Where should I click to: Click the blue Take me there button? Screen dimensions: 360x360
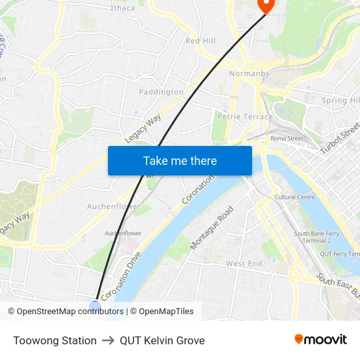click(x=180, y=160)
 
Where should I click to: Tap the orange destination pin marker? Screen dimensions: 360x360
click(x=266, y=5)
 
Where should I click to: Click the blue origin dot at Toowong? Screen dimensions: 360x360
click(x=95, y=305)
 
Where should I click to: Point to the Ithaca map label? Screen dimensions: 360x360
click(x=122, y=8)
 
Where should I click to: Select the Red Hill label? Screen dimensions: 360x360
click(x=200, y=41)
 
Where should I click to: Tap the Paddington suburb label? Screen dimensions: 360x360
click(x=162, y=92)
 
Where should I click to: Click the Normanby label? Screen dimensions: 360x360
click(x=249, y=73)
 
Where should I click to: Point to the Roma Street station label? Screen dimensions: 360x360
click(x=287, y=138)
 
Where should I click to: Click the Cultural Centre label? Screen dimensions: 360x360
click(x=295, y=197)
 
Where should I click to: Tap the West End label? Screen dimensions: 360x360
click(x=243, y=264)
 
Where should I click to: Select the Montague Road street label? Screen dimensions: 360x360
click(x=211, y=228)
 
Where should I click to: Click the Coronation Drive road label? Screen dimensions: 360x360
click(x=121, y=276)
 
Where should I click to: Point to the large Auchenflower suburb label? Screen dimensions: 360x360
click(x=114, y=206)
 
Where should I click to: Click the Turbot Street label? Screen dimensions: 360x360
click(x=340, y=139)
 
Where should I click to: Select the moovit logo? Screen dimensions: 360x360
click(x=321, y=339)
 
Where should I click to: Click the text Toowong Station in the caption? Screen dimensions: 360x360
click(x=55, y=340)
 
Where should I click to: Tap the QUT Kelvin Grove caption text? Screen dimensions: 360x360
click(x=162, y=340)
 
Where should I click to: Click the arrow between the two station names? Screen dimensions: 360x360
click(x=108, y=340)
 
